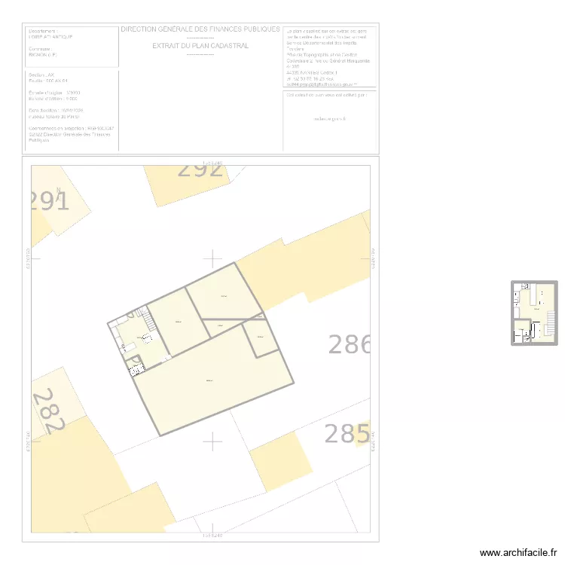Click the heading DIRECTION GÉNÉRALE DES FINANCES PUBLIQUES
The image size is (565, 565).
coord(200,29)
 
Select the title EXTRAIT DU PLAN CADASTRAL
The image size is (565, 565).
coord(200,46)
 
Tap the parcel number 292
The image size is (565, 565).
coord(200,169)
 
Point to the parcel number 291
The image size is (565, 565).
coord(49,202)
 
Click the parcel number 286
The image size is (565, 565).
coord(349,344)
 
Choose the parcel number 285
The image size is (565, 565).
coord(347,434)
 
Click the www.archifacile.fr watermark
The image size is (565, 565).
coord(519,552)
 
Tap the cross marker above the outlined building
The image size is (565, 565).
coord(213,258)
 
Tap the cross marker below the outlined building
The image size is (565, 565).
coord(213,441)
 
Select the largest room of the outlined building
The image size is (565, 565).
coord(211,380)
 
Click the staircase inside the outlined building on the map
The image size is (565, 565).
coord(148,322)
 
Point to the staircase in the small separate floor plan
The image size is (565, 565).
coord(550,323)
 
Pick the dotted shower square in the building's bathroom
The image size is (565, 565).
coord(136,367)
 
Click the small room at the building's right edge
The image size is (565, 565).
coord(261,337)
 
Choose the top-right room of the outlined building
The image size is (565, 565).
coord(224,296)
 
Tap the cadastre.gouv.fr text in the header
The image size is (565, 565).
coord(328,118)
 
